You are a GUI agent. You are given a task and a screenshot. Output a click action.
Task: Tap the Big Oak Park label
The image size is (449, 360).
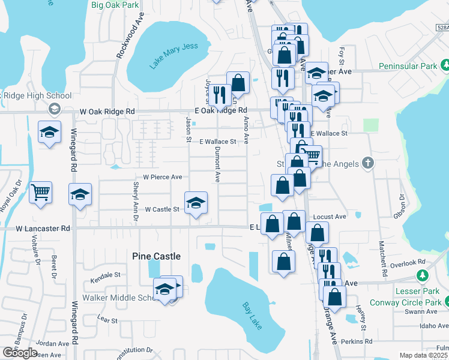[115, 5]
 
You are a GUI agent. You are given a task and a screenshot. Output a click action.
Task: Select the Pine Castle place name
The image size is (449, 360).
[156, 256]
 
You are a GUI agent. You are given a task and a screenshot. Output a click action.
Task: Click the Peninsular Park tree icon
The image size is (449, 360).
[445, 65]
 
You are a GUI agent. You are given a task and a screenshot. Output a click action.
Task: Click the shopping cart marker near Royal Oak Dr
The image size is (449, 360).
[40, 193]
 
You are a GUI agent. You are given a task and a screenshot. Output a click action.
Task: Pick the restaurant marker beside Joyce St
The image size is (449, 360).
[220, 94]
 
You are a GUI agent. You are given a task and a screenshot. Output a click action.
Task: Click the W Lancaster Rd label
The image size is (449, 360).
[43, 229]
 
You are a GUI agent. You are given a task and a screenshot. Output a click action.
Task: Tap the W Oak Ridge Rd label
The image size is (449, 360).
[107, 112]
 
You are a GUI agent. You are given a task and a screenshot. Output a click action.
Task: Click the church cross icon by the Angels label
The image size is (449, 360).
[369, 163]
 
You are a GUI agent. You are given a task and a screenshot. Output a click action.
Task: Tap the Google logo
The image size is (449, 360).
[20, 353]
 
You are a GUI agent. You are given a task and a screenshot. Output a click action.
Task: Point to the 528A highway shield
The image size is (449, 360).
[442, 27]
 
